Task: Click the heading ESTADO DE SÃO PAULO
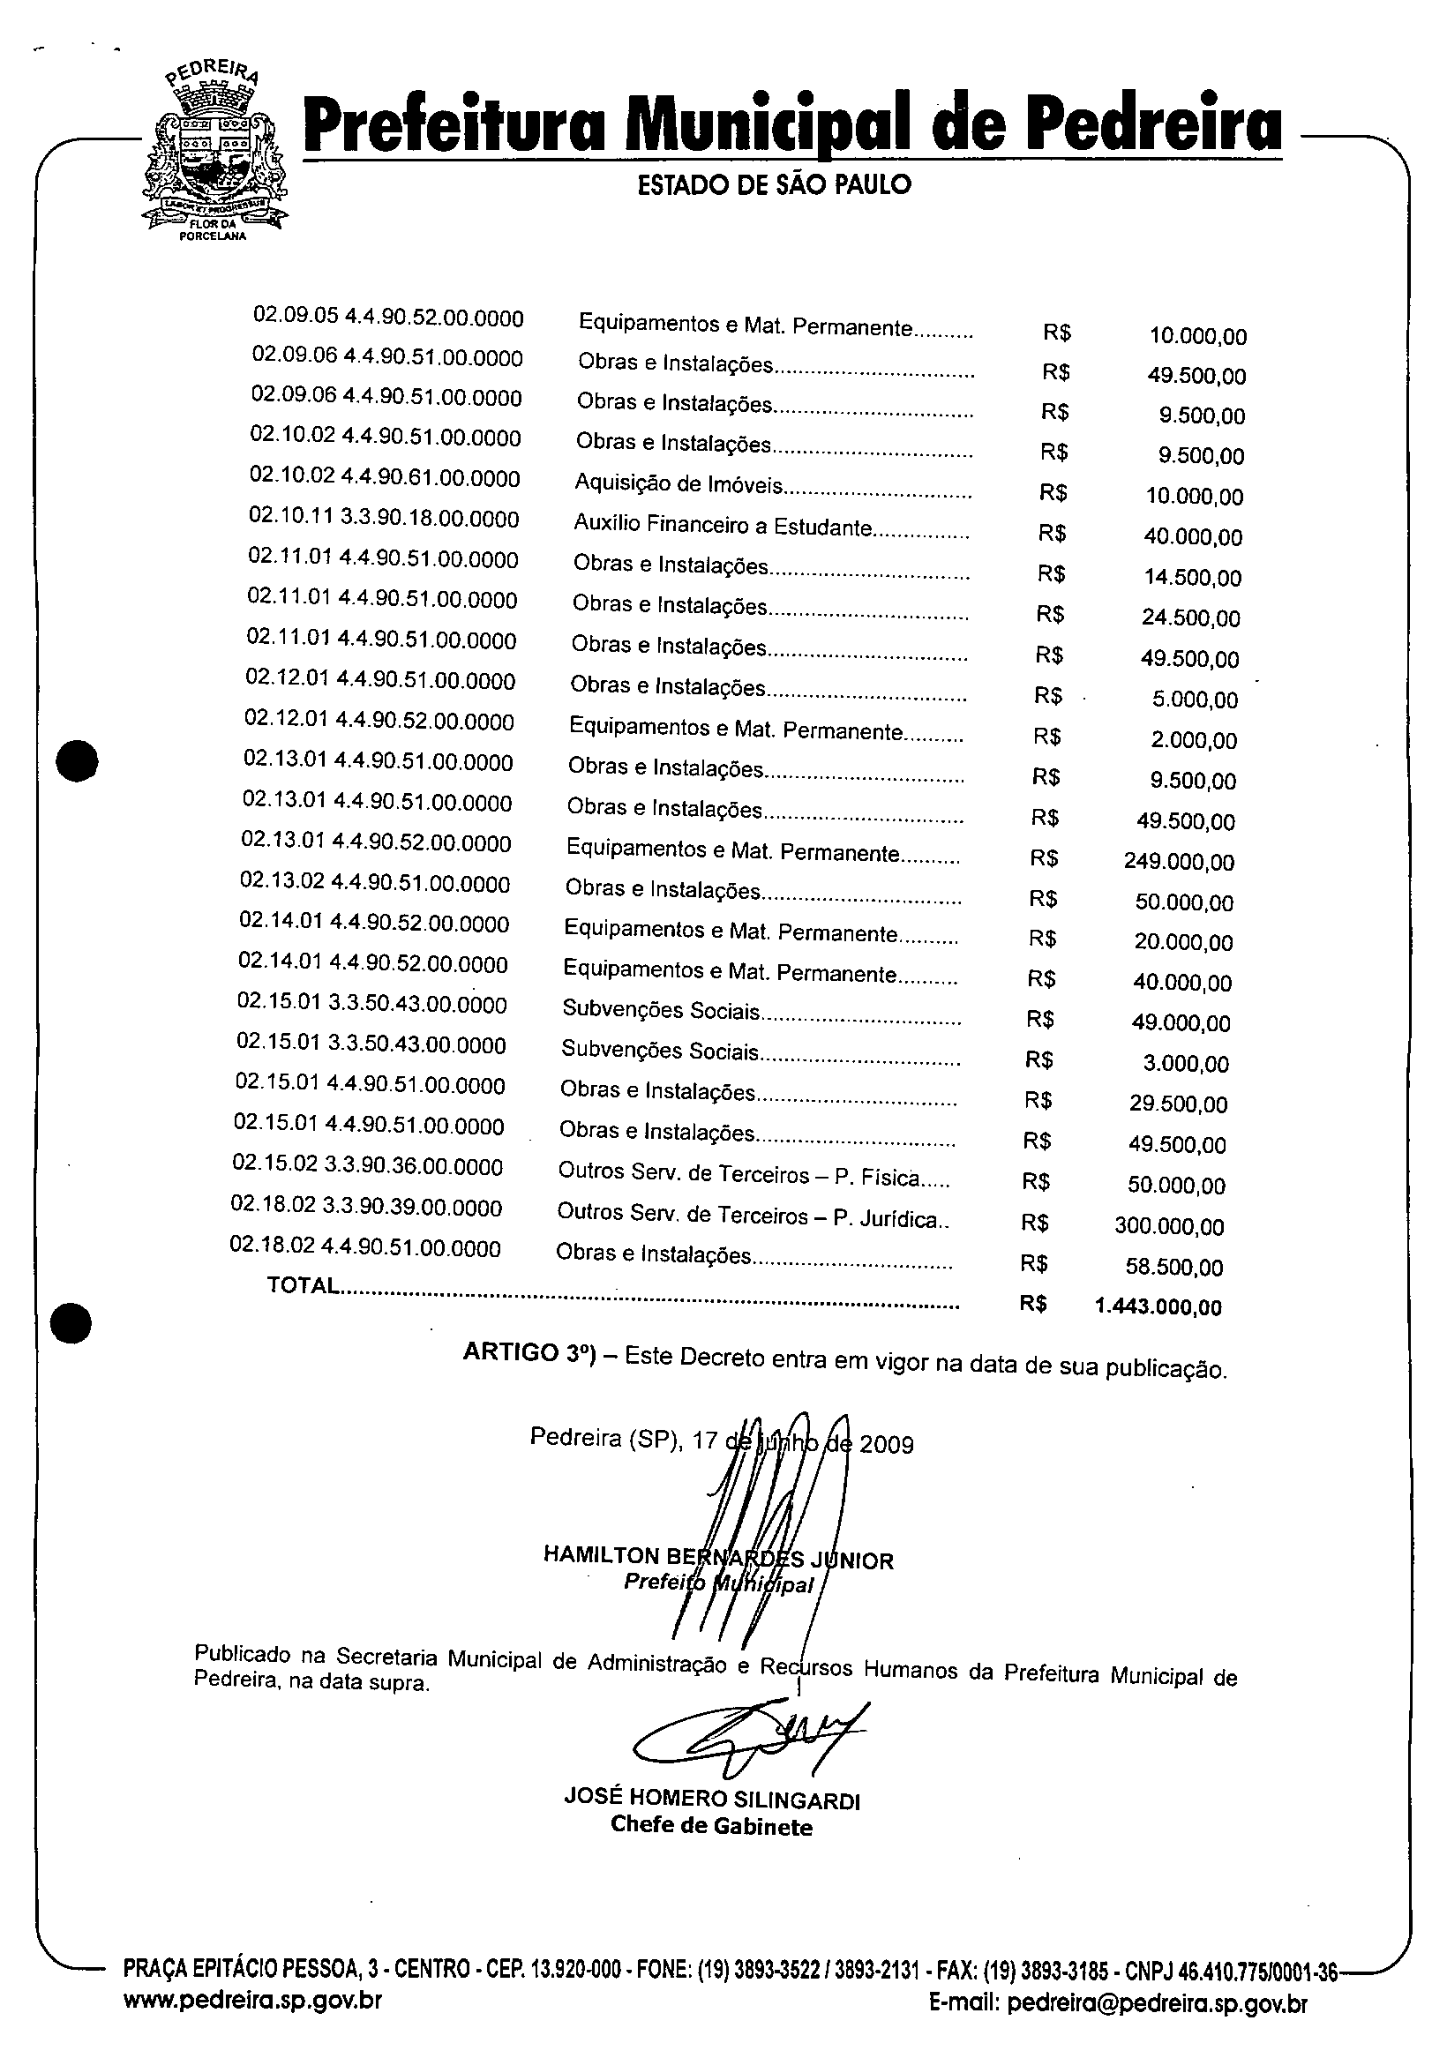tap(774, 184)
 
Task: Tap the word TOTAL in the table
tap(303, 1285)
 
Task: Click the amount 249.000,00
tap(1179, 863)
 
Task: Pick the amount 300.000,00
tap(1169, 1226)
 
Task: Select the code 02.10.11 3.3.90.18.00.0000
tap(384, 518)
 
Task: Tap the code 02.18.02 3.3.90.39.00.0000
tap(366, 1207)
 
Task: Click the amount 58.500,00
tap(1174, 1267)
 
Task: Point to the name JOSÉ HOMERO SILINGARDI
tap(712, 1799)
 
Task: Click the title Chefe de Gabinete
tap(711, 1826)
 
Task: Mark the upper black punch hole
tap(77, 761)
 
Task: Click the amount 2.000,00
tap(1193, 740)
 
